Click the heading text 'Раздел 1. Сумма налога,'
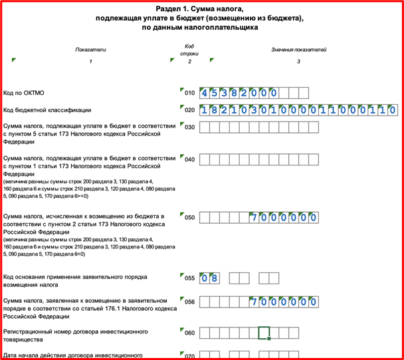coord(202,9)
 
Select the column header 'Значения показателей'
coord(299,49)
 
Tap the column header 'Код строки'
coord(189,50)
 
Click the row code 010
coord(190,94)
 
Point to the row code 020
coord(190,110)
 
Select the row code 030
coord(190,127)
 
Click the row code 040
coord(190,160)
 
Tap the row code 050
coord(190,217)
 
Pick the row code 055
coord(190,278)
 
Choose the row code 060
coord(190,333)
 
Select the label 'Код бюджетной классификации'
coord(47,110)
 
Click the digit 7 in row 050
coord(254,217)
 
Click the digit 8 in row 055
coord(215,278)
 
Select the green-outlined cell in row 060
coord(264,332)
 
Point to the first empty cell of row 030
coord(205,127)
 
